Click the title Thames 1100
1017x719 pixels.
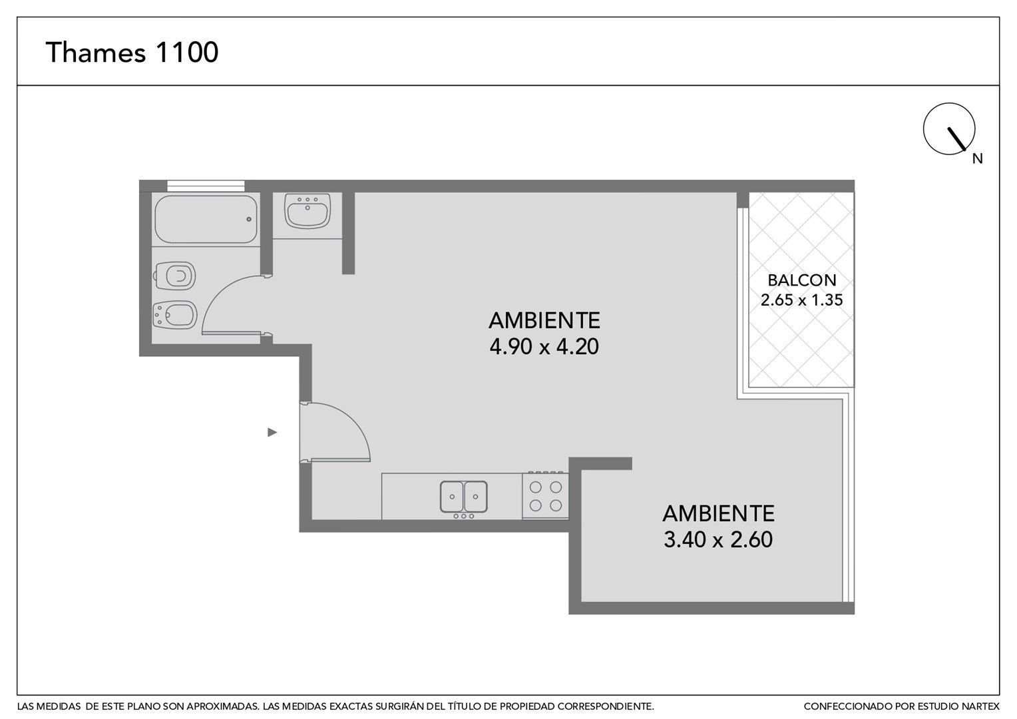tap(132, 52)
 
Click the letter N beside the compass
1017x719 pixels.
tap(978, 158)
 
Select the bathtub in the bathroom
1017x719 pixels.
tap(206, 220)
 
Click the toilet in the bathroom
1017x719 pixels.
tap(175, 276)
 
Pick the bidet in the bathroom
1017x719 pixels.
tap(175, 315)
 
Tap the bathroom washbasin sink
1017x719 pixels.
tap(307, 210)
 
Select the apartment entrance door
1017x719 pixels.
tap(335, 432)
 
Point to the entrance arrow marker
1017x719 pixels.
tap(272, 433)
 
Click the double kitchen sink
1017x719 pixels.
tap(463, 497)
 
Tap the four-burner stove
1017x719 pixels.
tap(545, 495)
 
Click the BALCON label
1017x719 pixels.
tap(802, 280)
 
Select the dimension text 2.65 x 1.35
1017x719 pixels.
tap(802, 300)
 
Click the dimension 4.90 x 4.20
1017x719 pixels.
tap(544, 347)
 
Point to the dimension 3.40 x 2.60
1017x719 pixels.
tap(718, 540)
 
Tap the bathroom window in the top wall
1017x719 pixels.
tap(206, 186)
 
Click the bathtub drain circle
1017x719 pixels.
tap(249, 220)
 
